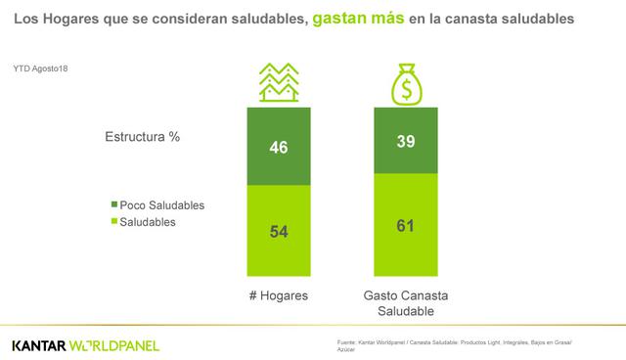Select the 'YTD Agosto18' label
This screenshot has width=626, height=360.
tap(41, 67)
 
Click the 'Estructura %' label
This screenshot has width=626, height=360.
tap(142, 137)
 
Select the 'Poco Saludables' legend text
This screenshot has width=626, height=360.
tap(161, 205)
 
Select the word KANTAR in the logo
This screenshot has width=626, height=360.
tap(39, 345)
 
